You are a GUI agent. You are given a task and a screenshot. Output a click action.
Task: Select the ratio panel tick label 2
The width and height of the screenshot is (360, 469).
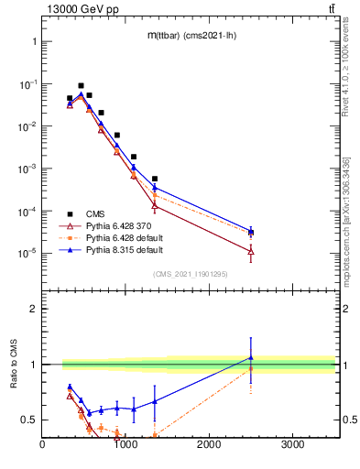32,309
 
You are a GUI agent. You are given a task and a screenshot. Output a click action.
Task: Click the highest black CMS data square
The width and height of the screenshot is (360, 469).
81,85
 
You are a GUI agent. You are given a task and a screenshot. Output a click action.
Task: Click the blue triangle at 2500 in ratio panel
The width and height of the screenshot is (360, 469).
251,358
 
